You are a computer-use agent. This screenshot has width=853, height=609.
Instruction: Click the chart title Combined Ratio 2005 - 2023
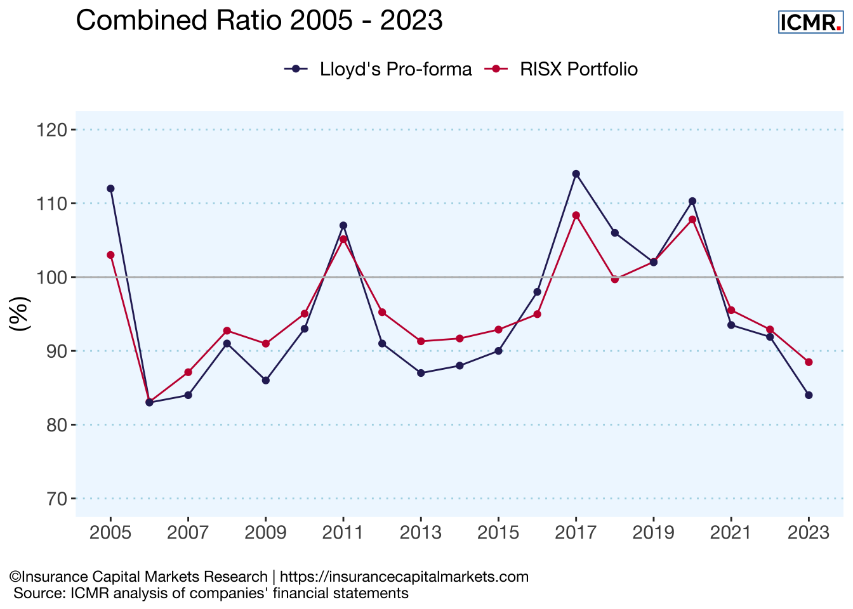pos(259,21)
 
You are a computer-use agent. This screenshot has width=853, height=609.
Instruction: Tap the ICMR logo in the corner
pos(810,22)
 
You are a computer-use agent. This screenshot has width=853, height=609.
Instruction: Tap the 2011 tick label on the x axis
pos(343,533)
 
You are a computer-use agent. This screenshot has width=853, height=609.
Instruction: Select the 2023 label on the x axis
pos(808,533)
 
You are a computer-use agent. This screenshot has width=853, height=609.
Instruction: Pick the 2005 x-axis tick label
pos(110,533)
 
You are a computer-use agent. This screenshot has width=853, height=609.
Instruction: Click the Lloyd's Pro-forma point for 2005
pos(110,188)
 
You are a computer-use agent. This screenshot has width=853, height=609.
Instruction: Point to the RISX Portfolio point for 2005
pos(110,255)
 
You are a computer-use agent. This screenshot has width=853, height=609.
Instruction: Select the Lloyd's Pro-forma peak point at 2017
pos(576,174)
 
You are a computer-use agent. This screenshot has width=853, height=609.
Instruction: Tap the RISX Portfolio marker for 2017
pos(576,215)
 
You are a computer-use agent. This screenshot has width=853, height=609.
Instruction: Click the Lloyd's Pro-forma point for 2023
pos(809,395)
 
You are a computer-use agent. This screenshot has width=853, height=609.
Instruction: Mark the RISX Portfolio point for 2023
pos(809,362)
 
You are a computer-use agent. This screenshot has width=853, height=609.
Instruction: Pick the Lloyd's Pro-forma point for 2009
pos(266,381)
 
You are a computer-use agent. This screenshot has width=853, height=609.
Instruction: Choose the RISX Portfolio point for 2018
pos(614,279)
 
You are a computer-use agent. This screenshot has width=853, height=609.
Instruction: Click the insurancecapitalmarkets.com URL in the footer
pos(404,577)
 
